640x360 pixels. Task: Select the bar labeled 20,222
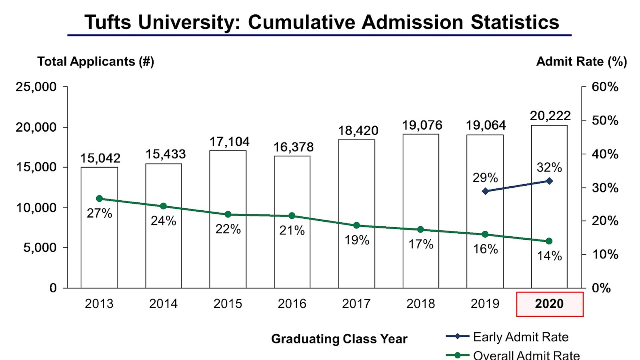[x=549, y=208]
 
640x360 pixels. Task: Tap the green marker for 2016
[x=292, y=216]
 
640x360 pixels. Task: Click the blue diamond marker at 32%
[x=549, y=181]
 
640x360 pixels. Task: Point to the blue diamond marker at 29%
[x=486, y=191]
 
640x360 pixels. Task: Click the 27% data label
[x=99, y=213]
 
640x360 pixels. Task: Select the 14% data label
[x=549, y=256]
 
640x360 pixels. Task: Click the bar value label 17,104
[x=229, y=142]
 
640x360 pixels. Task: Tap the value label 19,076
[x=422, y=125]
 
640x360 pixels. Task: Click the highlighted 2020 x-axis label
[x=549, y=304]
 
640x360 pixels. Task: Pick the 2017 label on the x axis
[x=356, y=304]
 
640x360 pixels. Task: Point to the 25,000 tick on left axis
[x=36, y=87]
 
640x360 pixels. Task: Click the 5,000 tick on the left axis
[x=40, y=248]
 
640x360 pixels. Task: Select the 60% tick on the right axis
[x=605, y=87]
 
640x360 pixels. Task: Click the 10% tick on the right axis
[x=605, y=254]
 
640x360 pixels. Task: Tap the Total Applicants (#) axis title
[x=96, y=62]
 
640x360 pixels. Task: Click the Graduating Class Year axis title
[x=339, y=339]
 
